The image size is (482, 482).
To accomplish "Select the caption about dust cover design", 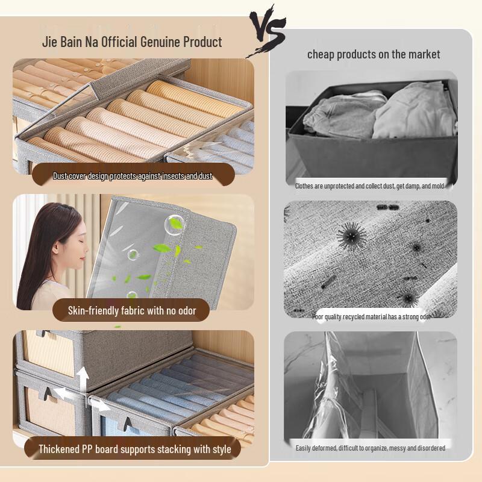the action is (x=133, y=176).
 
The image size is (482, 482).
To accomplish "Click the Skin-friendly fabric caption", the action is (x=132, y=310).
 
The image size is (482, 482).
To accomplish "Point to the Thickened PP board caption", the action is (x=134, y=449).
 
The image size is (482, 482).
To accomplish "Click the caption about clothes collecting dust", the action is (x=369, y=186).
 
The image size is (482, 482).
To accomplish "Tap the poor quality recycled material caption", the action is (x=371, y=317).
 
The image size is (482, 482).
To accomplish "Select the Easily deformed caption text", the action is (x=371, y=448).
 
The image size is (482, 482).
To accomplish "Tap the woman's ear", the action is (x=55, y=248).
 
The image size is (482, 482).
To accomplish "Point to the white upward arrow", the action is (x=83, y=379).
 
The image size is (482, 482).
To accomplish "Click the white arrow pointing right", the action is (x=101, y=405).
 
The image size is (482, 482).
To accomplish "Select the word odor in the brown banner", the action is (x=187, y=311).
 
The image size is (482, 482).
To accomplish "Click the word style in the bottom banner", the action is (x=222, y=449).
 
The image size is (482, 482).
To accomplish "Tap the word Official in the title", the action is (x=119, y=42).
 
